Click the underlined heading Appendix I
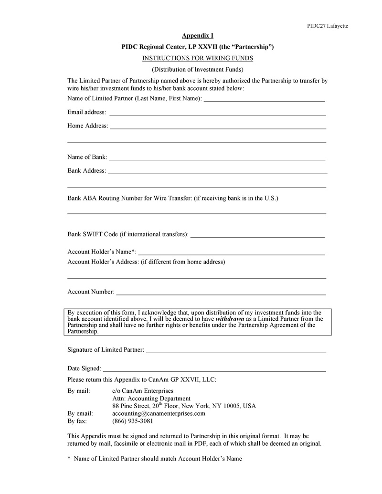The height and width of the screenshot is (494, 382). [x=198, y=36]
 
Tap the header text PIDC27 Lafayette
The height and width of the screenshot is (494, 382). [x=327, y=26]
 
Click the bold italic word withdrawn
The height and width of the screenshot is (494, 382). [x=230, y=319]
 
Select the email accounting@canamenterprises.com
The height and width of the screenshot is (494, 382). [x=159, y=414]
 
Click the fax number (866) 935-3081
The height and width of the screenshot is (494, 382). [x=133, y=421]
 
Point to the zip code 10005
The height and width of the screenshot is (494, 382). [x=219, y=406]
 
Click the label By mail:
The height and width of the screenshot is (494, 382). [x=79, y=391]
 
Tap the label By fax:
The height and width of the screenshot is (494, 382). [x=77, y=421]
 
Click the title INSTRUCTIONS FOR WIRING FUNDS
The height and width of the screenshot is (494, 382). [x=198, y=58]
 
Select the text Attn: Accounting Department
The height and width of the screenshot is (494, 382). [x=151, y=399]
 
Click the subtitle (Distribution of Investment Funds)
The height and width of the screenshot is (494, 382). [x=198, y=70]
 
